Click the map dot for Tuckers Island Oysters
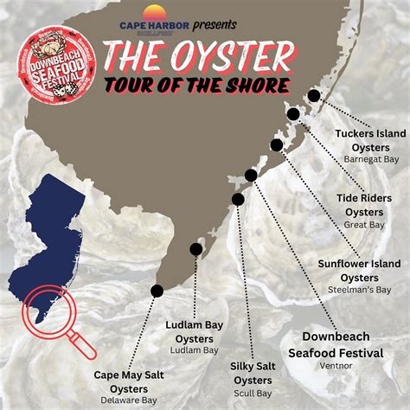[313, 96]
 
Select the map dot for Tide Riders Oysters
[294, 114]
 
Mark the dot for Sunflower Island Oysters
[277, 145]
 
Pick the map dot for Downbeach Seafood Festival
[251, 175]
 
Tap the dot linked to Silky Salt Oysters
[238, 199]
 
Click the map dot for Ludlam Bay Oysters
[196, 249]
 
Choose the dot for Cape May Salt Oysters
[157, 291]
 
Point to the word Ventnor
[336, 366]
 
